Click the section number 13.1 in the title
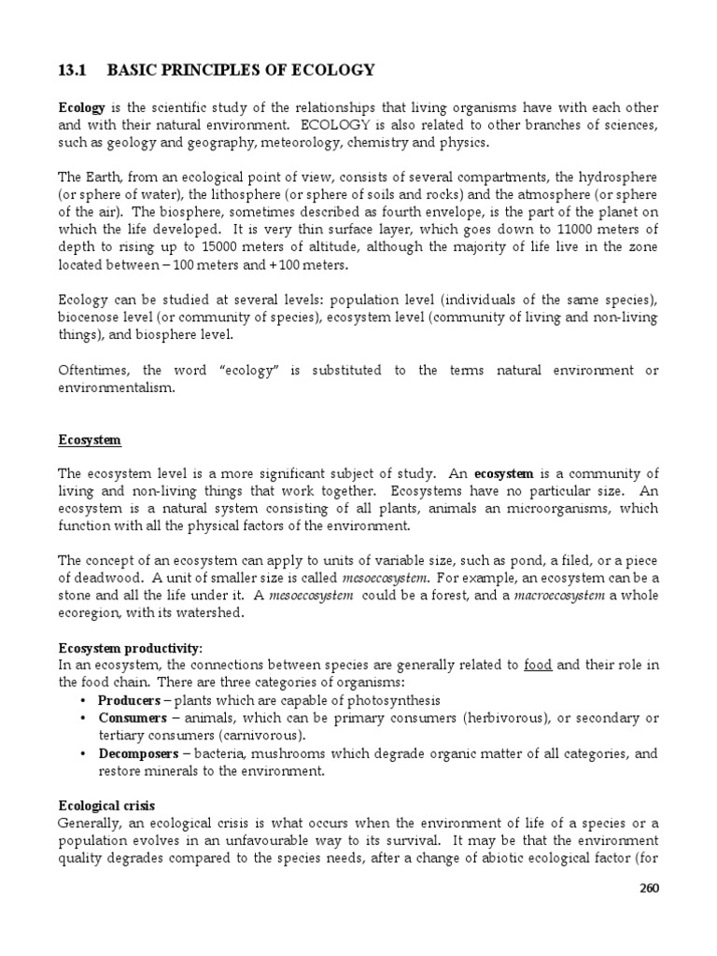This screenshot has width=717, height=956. point(72,70)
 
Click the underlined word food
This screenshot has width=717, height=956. point(538,665)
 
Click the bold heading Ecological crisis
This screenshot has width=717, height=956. point(106,805)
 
